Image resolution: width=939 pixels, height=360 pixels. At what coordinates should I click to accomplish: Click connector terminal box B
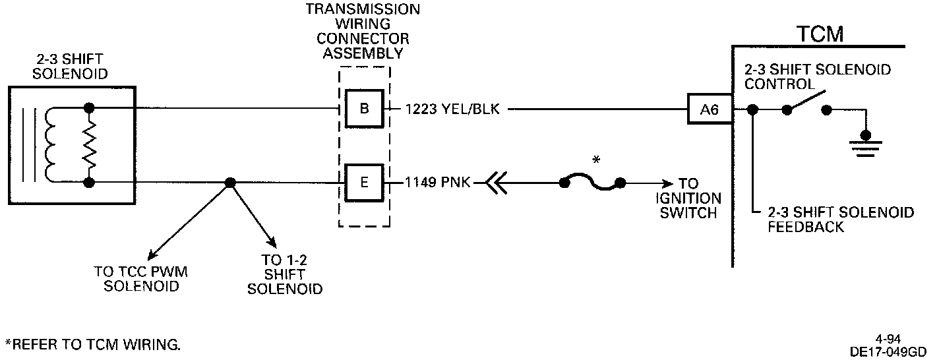coord(365,108)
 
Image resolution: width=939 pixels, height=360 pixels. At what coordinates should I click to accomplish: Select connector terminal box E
coord(365,182)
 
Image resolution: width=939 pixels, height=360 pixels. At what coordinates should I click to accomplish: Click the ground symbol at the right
coord(862,144)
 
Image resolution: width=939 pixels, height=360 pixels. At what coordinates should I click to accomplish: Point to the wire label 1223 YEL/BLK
coord(453,109)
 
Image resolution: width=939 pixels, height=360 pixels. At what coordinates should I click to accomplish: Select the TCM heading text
coord(820,34)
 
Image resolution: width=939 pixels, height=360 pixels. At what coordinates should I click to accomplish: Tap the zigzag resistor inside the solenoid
coord(88,144)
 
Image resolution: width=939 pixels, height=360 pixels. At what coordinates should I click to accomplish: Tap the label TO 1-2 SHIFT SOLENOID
coord(284,274)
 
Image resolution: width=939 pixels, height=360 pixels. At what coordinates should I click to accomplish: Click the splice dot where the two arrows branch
coord(229,183)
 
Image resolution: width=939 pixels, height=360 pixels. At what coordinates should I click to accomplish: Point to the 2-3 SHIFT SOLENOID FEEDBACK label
coord(841,220)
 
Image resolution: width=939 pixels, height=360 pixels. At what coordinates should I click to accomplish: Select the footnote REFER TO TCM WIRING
coord(92,344)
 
